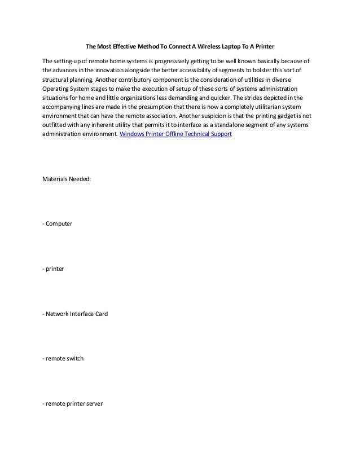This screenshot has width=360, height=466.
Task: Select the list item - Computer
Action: [x=58, y=224]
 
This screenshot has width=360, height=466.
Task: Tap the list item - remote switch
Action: [x=63, y=358]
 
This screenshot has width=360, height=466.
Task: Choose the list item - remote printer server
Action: [x=72, y=402]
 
